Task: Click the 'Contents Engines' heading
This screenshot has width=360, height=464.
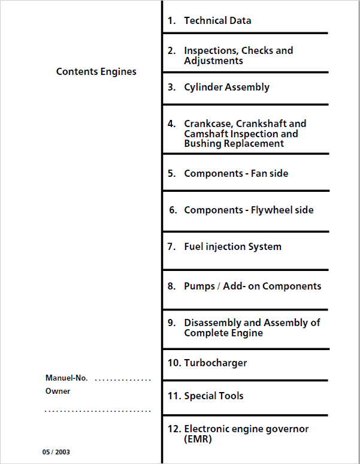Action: coord(96,71)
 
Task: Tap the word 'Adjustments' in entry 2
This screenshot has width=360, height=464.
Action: coord(213,61)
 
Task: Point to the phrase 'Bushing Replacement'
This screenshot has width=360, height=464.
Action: coord(234,143)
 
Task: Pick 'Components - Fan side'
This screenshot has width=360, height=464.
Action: coord(236,173)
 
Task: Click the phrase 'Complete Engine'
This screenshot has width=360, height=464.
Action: coord(223,333)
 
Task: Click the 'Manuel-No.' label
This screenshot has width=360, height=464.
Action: coord(66,378)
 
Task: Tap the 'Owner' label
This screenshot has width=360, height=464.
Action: coord(58,391)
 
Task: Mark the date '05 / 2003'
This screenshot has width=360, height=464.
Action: coord(56,452)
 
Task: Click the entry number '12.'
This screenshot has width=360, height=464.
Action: coord(174,429)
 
